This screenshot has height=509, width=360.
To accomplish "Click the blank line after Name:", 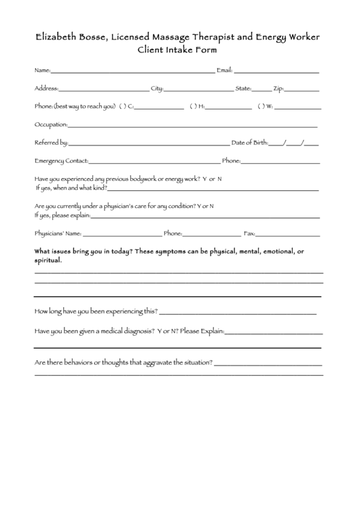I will [132, 71].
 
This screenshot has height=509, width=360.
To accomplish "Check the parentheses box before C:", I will [122, 106].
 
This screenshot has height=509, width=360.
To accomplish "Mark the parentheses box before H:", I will [193, 106].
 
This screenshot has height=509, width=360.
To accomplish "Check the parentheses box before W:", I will [260, 106].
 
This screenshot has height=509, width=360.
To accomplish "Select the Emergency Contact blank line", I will [154, 162].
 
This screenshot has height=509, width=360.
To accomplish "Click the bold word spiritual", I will [48, 260].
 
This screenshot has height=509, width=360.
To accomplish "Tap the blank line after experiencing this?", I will [238, 313].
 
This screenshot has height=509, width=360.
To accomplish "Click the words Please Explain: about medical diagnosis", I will [202, 332].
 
